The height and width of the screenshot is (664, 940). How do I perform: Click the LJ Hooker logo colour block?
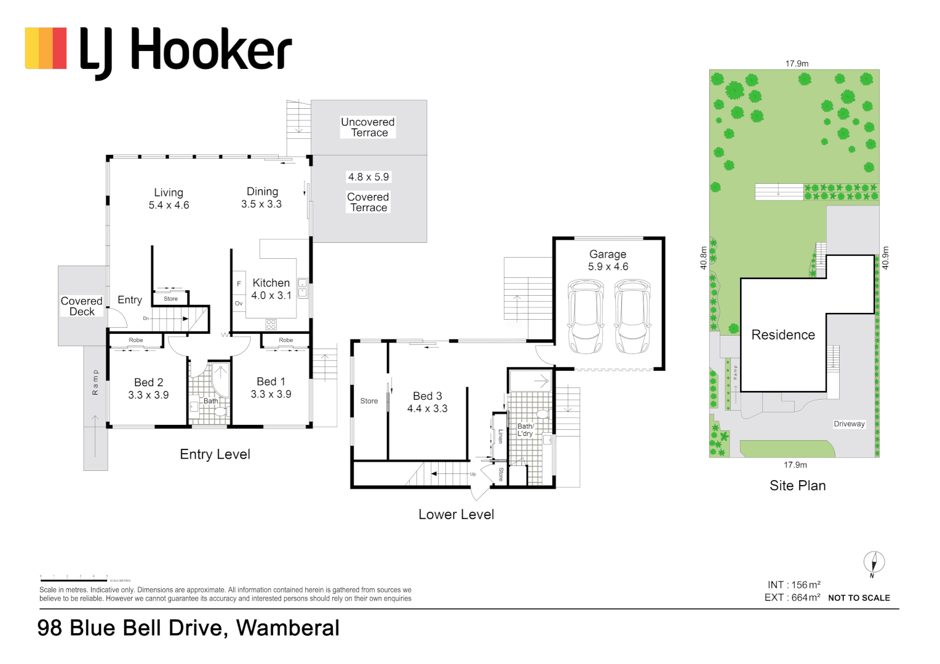coord(46,48)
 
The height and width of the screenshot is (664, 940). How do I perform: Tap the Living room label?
coord(169,193)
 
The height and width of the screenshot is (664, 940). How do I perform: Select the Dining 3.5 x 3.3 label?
coord(262,198)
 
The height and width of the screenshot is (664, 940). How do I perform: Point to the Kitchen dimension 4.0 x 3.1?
coord(271,296)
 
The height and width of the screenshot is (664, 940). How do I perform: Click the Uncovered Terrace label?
coord(368,127)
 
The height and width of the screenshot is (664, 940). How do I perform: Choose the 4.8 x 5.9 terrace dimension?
coord(368,177)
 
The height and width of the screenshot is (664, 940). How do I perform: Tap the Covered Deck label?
coord(82,306)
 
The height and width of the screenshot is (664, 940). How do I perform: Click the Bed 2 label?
coord(149,382)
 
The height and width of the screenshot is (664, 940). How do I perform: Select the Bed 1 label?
coord(271,382)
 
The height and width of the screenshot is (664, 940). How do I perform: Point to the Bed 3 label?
coord(428,397)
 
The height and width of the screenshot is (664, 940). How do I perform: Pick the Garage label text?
coord(608,255)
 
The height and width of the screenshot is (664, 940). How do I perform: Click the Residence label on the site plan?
coord(783,335)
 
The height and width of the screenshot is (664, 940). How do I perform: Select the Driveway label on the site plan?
coord(849,424)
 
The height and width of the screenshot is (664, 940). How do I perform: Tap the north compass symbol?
coord(874,563)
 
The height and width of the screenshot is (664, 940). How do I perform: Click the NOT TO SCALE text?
coord(859,598)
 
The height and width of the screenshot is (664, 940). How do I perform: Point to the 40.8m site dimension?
coord(704,258)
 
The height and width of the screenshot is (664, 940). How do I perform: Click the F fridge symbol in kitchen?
coord(239,284)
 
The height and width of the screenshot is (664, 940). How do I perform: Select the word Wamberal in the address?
coord(288,628)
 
